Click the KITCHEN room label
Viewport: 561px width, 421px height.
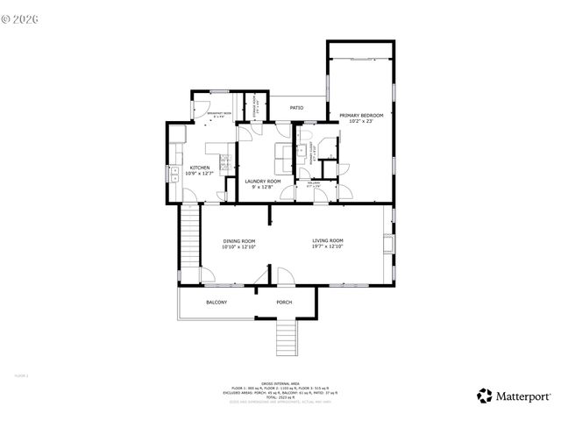tap(197, 168)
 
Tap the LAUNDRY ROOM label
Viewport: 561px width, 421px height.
tap(262, 182)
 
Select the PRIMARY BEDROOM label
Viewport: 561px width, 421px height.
tap(361, 115)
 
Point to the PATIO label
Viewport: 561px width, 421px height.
tap(296, 108)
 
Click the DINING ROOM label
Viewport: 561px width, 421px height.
tap(238, 241)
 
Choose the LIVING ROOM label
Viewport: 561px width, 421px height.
tap(328, 241)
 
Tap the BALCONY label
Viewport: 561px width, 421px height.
tap(217, 303)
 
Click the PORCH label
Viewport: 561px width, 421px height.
tap(284, 303)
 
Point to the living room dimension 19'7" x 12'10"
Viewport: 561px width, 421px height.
tap(328, 247)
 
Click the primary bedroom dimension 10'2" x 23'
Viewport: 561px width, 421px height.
tap(361, 121)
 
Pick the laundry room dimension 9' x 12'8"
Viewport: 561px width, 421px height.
tap(262, 188)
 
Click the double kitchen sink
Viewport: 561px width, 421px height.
tap(174, 172)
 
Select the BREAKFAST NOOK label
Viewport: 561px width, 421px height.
tap(218, 114)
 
